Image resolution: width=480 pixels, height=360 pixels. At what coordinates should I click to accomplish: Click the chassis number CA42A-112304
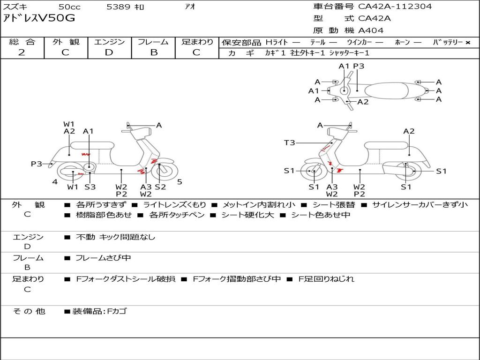[395, 7]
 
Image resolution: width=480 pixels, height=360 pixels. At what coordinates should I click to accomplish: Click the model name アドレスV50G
[39, 18]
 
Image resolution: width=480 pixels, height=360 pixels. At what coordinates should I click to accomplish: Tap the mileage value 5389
[119, 7]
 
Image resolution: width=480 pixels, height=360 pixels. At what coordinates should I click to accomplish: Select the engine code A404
[371, 30]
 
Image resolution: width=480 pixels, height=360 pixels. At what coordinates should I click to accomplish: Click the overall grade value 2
[22, 52]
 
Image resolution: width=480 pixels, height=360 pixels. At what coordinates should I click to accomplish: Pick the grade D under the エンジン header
[109, 52]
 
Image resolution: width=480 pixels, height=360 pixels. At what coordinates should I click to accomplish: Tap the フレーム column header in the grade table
[153, 42]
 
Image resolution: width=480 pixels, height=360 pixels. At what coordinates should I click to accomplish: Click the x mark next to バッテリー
[468, 43]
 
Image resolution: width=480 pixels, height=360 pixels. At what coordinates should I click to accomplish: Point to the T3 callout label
[289, 142]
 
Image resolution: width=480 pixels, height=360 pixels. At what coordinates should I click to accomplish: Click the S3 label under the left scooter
[90, 187]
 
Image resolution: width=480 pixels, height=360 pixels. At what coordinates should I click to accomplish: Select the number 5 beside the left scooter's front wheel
[180, 182]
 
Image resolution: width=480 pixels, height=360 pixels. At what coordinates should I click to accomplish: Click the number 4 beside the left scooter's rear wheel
[55, 182]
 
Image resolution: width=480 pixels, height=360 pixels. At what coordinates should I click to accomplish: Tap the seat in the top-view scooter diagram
[386, 91]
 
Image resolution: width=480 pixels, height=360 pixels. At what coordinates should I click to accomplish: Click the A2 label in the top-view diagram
[363, 102]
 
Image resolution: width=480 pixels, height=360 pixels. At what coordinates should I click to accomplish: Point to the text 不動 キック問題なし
[115, 237]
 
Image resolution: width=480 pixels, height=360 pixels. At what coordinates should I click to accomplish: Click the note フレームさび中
[103, 258]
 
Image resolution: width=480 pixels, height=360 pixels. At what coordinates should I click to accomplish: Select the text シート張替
[334, 205]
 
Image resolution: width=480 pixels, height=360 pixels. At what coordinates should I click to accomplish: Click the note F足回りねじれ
[326, 279]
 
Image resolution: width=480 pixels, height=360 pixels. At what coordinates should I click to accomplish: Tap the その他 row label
[29, 311]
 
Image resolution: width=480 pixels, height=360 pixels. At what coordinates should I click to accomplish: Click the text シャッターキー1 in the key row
[349, 53]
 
